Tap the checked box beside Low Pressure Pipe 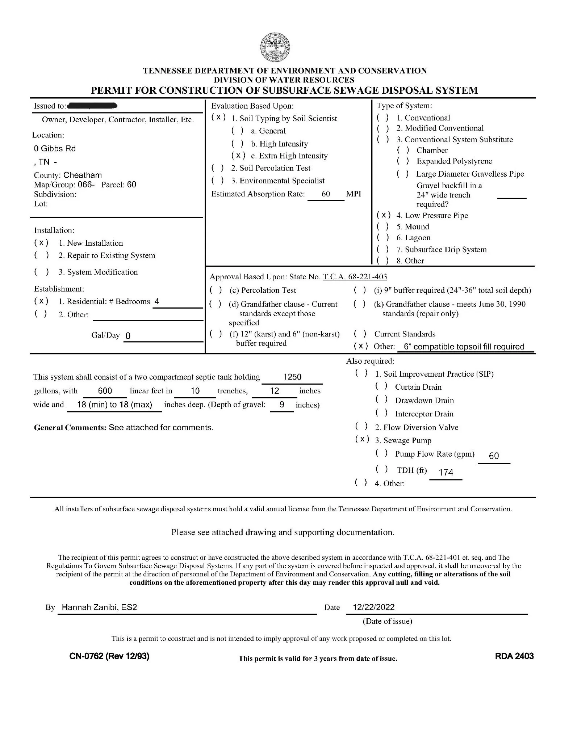pyautogui.click(x=383, y=215)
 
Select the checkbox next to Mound pyautogui.click(x=383, y=227)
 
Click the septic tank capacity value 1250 pyautogui.click(x=292, y=377)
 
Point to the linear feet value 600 pyautogui.click(x=105, y=391)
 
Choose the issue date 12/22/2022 pyautogui.click(x=373, y=607)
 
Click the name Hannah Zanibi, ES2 pyautogui.click(x=99, y=607)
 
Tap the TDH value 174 pyautogui.click(x=446, y=472)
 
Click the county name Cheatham pyautogui.click(x=83, y=175)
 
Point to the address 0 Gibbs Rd pyautogui.click(x=55, y=149)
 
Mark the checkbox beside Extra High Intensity pyautogui.click(x=238, y=156)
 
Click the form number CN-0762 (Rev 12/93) pyautogui.click(x=109, y=656)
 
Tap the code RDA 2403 pyautogui.click(x=514, y=656)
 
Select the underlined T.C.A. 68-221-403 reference pyautogui.click(x=355, y=277)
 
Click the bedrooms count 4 pyautogui.click(x=157, y=301)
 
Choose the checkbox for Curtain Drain pyautogui.click(x=381, y=387)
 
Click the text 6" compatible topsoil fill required pyautogui.click(x=464, y=347)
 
